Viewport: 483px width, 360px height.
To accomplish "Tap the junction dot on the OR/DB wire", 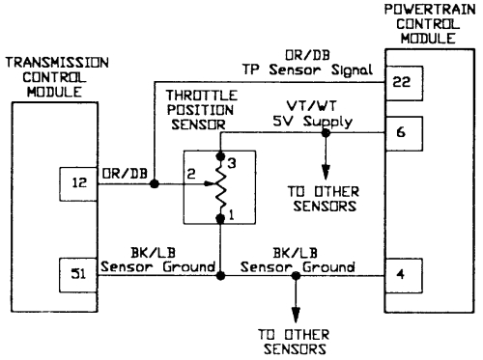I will [x=155, y=181].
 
